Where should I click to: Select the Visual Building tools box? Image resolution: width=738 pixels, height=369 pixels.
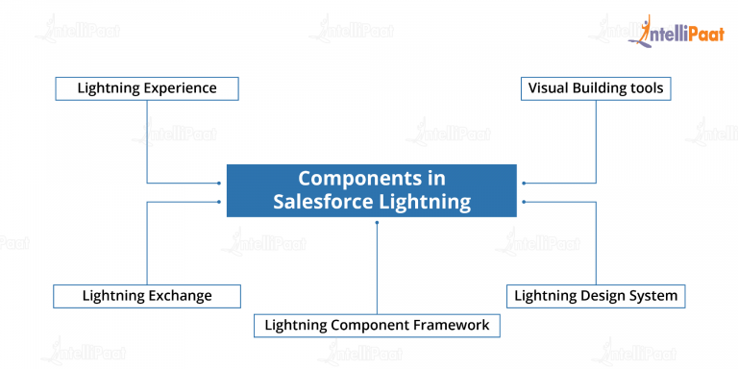(596, 88)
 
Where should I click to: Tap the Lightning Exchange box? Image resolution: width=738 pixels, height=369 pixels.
(146, 295)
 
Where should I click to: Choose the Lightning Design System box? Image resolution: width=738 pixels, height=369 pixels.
(596, 295)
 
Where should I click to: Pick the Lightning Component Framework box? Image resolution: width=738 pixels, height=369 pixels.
(377, 326)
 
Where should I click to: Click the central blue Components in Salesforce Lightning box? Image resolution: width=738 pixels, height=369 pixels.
(372, 190)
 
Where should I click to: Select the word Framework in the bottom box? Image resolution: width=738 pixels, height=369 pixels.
(448, 326)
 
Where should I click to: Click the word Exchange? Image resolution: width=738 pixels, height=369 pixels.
(179, 295)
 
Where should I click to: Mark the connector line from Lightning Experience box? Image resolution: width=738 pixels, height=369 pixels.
(146, 144)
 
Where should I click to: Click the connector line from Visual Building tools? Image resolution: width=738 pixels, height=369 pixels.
(596, 144)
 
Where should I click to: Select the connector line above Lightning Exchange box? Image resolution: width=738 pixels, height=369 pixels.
(146, 245)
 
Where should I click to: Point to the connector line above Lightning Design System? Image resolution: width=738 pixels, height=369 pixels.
(596, 245)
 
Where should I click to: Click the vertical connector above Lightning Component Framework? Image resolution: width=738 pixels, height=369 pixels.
(377, 269)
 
